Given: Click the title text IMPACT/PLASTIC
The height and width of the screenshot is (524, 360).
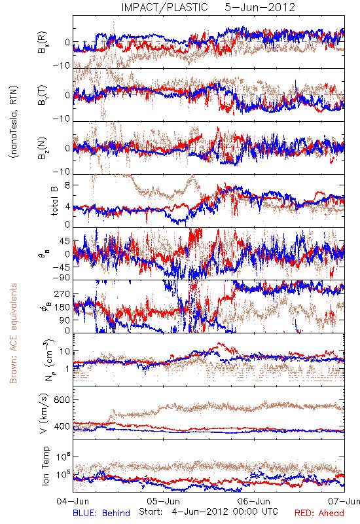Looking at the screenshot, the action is tap(164, 7).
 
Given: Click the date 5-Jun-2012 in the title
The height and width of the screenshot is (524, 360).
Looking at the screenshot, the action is tap(260, 7).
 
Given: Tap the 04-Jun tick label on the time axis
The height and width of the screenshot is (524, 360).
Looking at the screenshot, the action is tap(73, 501).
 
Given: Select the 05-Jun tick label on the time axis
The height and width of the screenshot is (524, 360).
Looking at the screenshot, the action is tap(164, 501).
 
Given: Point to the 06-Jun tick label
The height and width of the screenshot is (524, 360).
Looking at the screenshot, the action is tap(254, 501).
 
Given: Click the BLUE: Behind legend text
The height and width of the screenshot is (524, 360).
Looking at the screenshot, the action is tap(101, 513).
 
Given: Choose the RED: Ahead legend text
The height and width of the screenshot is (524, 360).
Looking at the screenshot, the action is tap(319, 513).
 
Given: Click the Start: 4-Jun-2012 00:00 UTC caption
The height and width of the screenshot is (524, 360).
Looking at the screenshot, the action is tap(208, 512).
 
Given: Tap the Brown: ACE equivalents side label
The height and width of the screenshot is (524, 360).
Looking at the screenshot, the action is tap(13, 333).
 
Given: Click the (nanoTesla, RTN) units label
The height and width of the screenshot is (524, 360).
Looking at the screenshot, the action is tap(14, 121).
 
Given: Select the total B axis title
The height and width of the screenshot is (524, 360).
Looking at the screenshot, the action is tap(54, 200).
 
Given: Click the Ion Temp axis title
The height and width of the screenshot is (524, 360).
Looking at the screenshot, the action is tap(45, 466).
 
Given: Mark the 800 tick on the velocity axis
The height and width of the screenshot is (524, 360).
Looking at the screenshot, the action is tap(62, 400).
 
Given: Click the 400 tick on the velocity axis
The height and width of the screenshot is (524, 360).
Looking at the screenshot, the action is tap(62, 427).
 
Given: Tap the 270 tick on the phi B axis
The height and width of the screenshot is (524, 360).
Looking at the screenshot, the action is tap(62, 293).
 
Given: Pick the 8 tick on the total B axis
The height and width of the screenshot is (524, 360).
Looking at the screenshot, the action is tap(67, 185).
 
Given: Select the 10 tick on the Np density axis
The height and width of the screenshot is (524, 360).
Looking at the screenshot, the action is tap(65, 351).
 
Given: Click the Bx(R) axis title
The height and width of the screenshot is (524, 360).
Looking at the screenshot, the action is tap(43, 42).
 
